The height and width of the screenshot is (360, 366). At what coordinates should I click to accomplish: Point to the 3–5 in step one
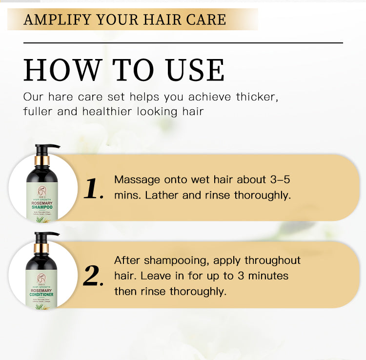(x=280, y=180)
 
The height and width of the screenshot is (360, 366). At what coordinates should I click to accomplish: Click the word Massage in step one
(x=137, y=180)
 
